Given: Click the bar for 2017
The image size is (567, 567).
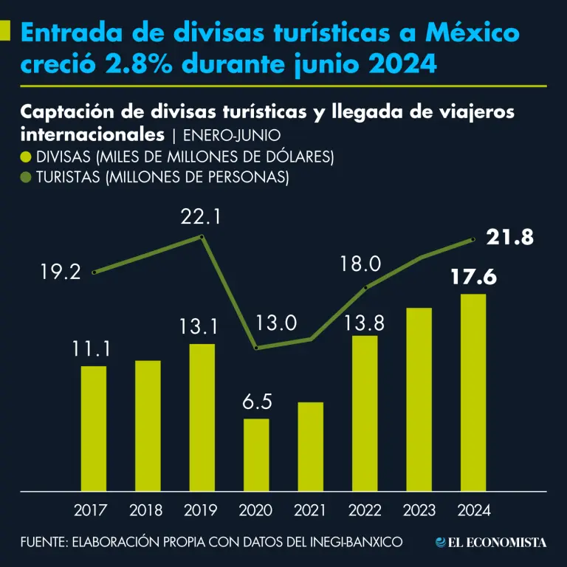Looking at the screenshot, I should [94, 428].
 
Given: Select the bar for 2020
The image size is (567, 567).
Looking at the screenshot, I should [256, 454].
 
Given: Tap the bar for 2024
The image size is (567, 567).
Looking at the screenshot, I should [472, 392].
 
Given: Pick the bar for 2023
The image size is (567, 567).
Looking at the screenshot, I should [419, 399].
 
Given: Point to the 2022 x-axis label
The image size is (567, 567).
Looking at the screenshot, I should [365, 510].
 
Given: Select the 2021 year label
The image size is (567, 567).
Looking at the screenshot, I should [310, 510].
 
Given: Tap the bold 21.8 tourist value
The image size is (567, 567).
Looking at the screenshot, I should [509, 238].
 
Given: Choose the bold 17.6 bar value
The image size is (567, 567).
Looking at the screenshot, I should [473, 278].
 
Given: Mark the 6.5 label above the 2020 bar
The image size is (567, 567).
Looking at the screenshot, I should [257, 402].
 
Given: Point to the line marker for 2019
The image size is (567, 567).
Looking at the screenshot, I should [202, 237].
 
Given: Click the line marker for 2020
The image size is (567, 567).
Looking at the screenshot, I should [256, 348].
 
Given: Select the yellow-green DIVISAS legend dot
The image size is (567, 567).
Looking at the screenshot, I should [27, 157].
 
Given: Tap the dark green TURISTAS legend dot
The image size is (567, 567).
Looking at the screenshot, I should [27, 177].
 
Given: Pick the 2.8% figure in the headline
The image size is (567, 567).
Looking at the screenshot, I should [142, 64].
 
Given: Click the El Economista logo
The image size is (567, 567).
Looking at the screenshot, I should [491, 543].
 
